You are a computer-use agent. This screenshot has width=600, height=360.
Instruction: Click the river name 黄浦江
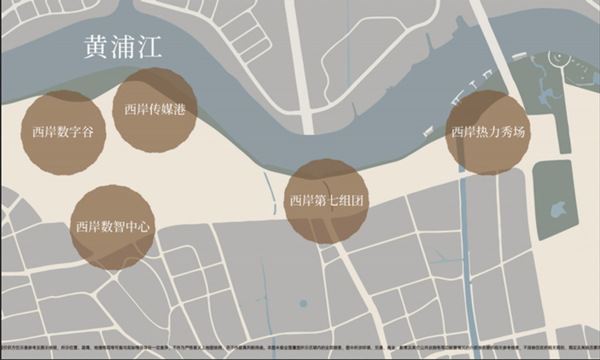tap(122, 46)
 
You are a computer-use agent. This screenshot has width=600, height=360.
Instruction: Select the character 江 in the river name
tap(150, 46)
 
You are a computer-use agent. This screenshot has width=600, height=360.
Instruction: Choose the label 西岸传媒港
tap(155, 110)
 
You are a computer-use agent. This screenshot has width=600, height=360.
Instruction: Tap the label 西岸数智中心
tap(113, 226)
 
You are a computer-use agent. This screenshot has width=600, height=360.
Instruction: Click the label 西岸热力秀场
tap(488, 132)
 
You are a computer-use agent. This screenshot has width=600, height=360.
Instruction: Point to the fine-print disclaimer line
tap(300, 350)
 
